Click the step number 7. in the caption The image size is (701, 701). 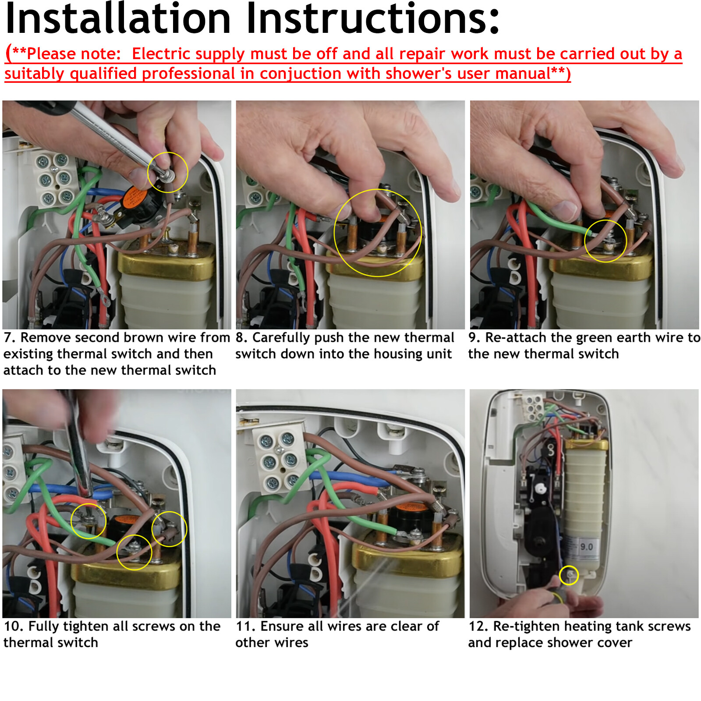click(10, 338)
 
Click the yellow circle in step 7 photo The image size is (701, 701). click(167, 172)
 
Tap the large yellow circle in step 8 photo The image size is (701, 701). click(378, 233)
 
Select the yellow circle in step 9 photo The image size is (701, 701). click(605, 241)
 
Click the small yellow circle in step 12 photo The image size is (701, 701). click(569, 575)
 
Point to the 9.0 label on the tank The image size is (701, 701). click(586, 547)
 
